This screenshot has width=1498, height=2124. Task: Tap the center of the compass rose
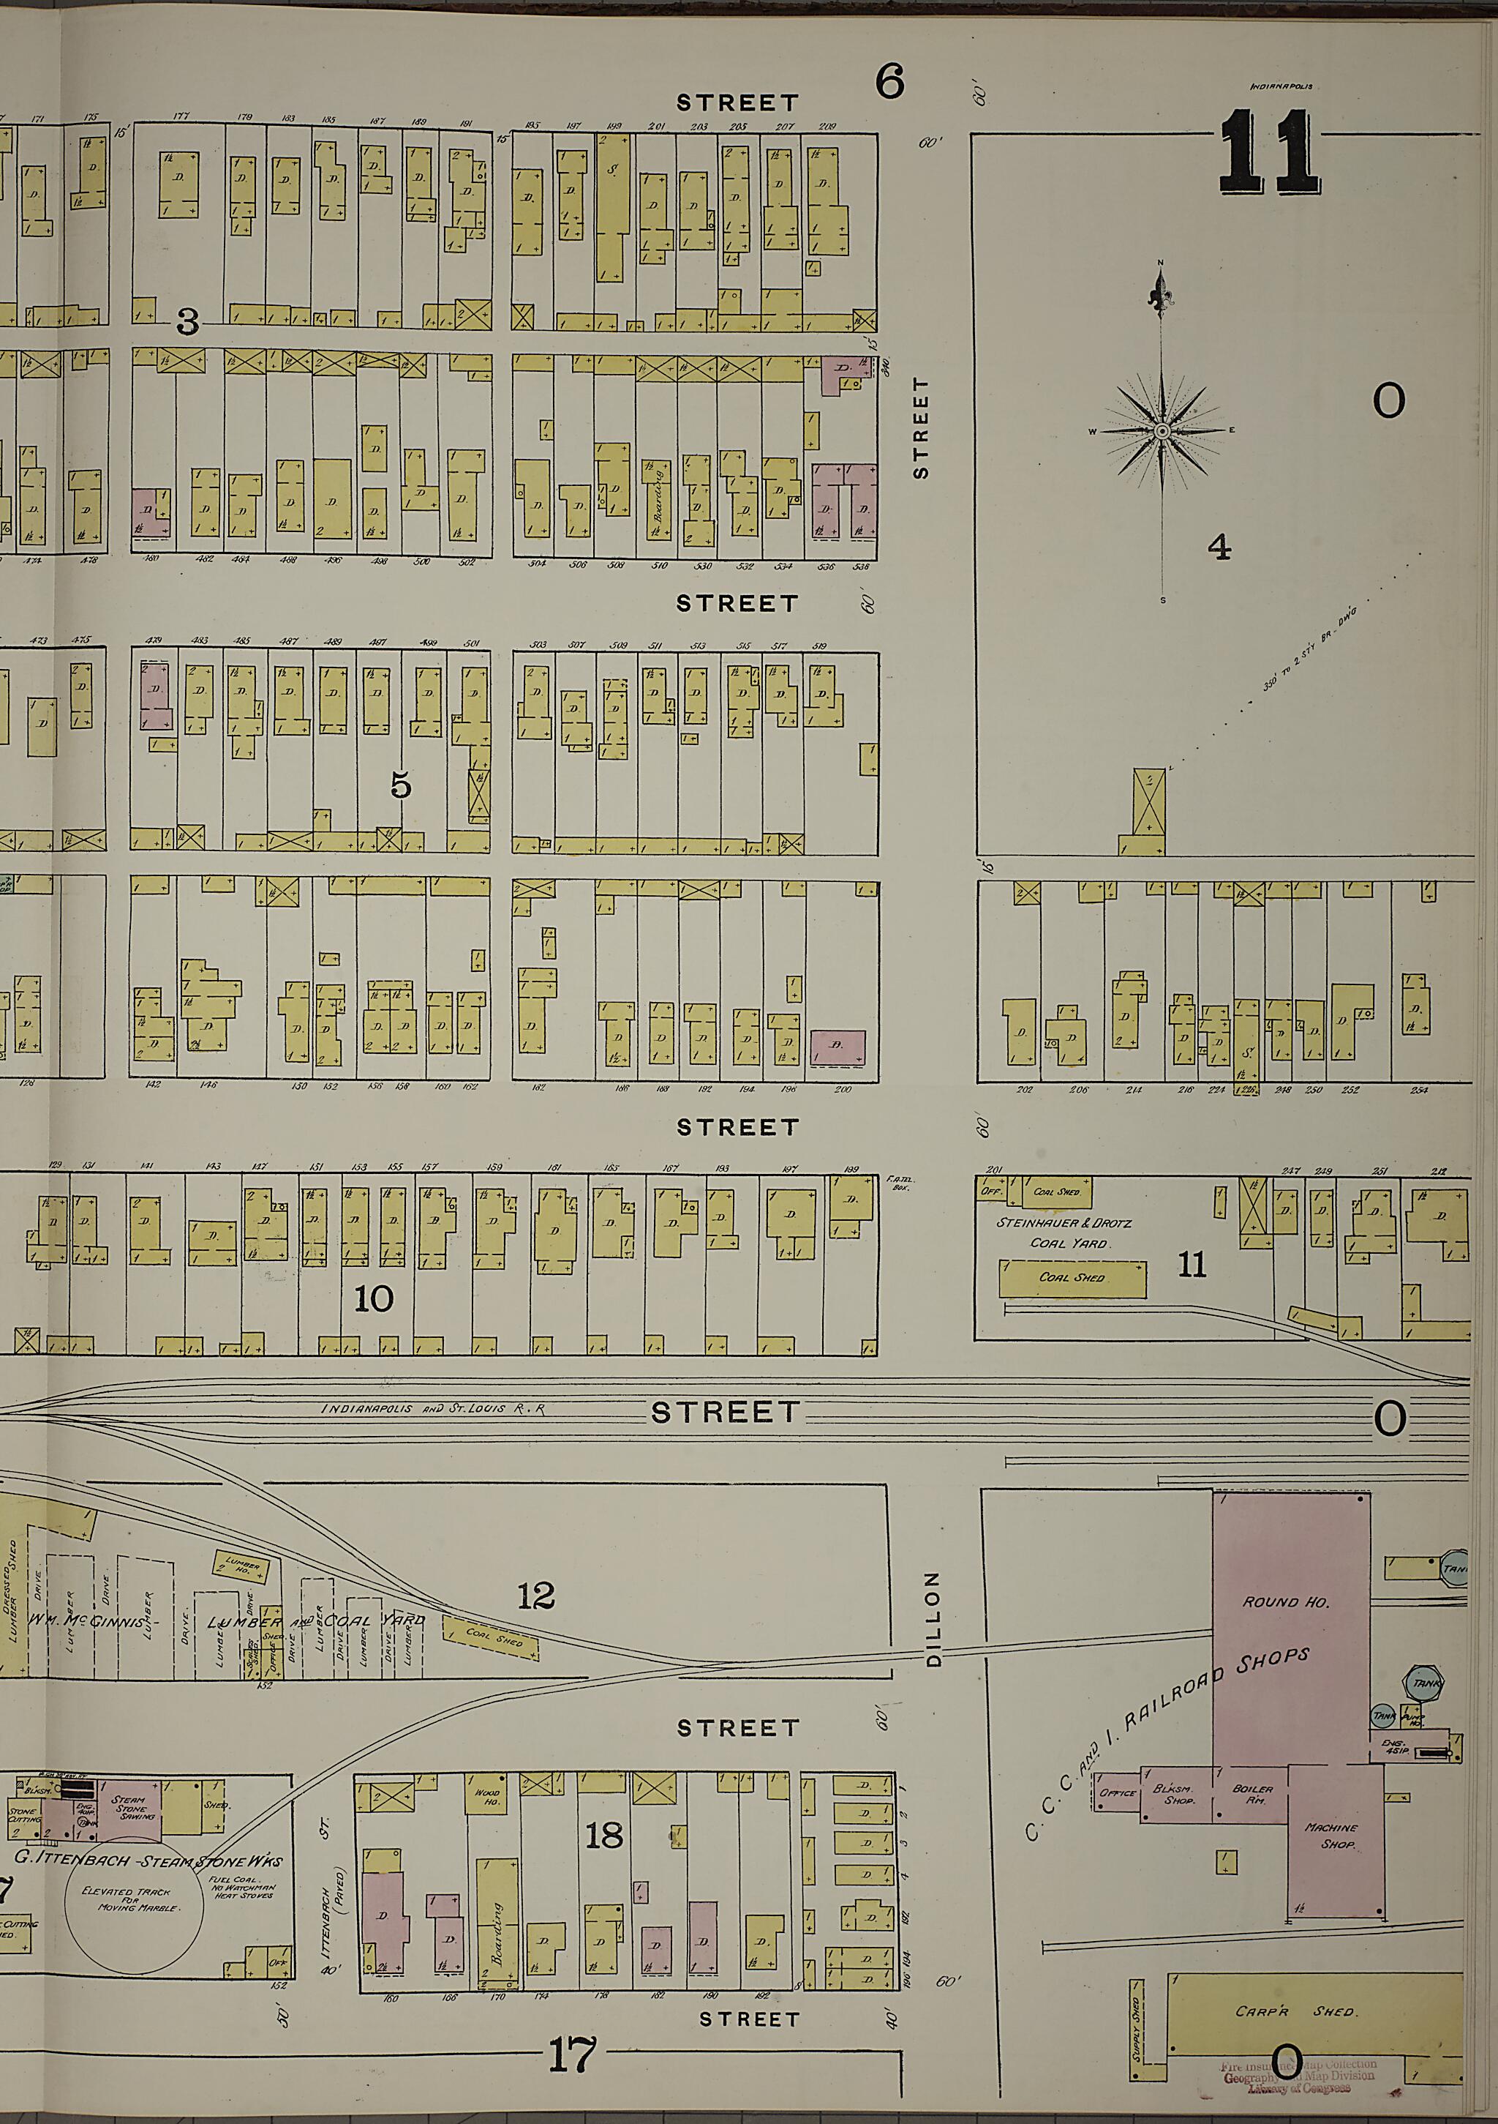point(1162,432)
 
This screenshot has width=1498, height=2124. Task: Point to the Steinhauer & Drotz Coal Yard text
point(1064,1233)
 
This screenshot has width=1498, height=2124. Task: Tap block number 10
point(374,1299)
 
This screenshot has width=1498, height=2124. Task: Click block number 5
point(400,785)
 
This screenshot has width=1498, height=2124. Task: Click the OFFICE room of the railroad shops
point(1116,1793)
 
